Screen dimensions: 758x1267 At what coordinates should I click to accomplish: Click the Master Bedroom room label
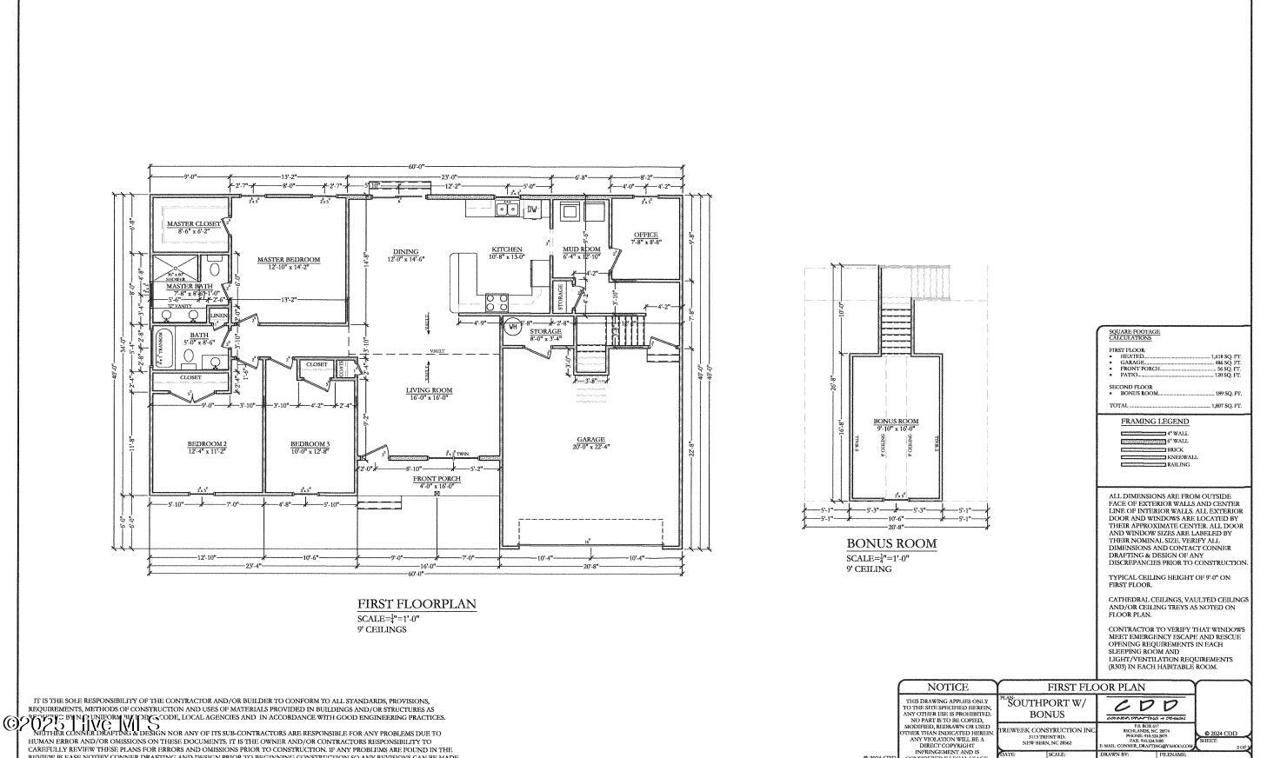pos(288,260)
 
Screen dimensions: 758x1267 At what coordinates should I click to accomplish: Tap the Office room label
pos(645,235)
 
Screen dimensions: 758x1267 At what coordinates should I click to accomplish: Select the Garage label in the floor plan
pos(590,440)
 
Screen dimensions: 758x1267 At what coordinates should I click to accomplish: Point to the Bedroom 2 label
pos(206,444)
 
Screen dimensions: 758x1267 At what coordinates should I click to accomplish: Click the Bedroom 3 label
pos(310,444)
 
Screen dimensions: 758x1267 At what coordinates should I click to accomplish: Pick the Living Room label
pos(429,390)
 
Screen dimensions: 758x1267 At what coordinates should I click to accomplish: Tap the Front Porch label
pos(437,479)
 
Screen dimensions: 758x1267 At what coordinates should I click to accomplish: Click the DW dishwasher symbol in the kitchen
pos(532,209)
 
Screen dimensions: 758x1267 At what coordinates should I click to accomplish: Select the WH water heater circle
pos(512,327)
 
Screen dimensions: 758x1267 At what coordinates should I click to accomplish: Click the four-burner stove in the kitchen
pos(497,303)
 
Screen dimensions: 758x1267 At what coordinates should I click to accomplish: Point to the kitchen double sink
pos(506,209)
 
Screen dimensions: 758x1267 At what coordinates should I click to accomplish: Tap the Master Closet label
pos(194,224)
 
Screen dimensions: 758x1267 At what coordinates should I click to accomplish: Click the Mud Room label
pos(581,249)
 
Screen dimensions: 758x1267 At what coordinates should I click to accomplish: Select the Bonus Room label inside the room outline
pos(896,422)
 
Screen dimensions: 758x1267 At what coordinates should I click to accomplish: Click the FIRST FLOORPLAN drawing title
pos(417,604)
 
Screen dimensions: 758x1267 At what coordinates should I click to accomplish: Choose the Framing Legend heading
pos(1154,422)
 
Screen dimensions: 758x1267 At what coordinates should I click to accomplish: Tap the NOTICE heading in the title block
pos(947,688)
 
